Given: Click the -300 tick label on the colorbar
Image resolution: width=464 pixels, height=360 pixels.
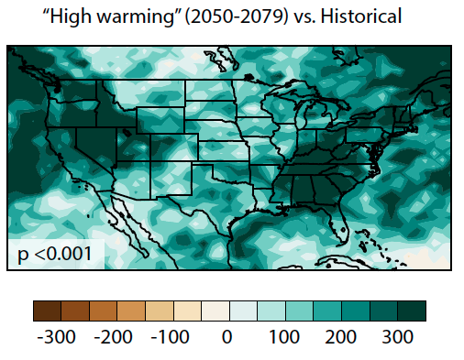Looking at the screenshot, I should click(x=56, y=337).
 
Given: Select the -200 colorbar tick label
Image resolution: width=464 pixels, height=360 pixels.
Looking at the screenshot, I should click(x=113, y=337).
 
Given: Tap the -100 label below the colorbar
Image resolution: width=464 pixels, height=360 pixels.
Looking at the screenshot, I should click(x=170, y=337).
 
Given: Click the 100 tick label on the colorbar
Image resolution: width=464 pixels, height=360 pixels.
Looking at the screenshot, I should click(x=284, y=337).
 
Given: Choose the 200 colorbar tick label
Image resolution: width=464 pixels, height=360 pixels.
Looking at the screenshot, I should click(x=341, y=337).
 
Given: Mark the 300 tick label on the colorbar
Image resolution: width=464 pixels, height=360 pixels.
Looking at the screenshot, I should click(x=398, y=337).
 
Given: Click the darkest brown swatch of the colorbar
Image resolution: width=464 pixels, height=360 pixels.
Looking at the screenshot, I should click(x=46, y=310).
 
